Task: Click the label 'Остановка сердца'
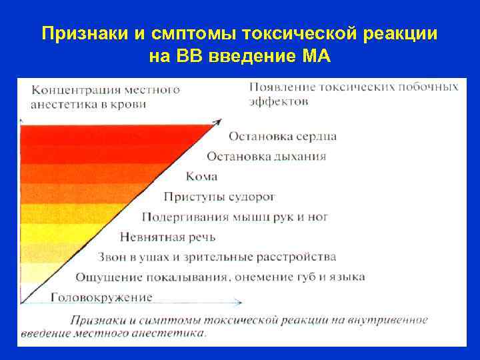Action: pyautogui.click(x=282, y=137)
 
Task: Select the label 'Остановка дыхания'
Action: pyautogui.click(x=266, y=157)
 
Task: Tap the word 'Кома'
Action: pyautogui.click(x=202, y=177)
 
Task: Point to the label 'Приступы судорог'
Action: pyautogui.click(x=219, y=197)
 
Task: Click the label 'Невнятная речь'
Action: pyautogui.click(x=167, y=237)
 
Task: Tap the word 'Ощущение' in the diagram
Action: pyautogui.click(x=105, y=277)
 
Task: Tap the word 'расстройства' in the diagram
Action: pyautogui.click(x=301, y=257)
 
